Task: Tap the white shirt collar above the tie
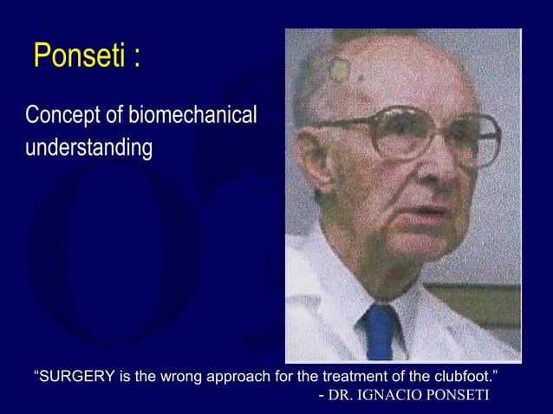(x=360, y=299)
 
